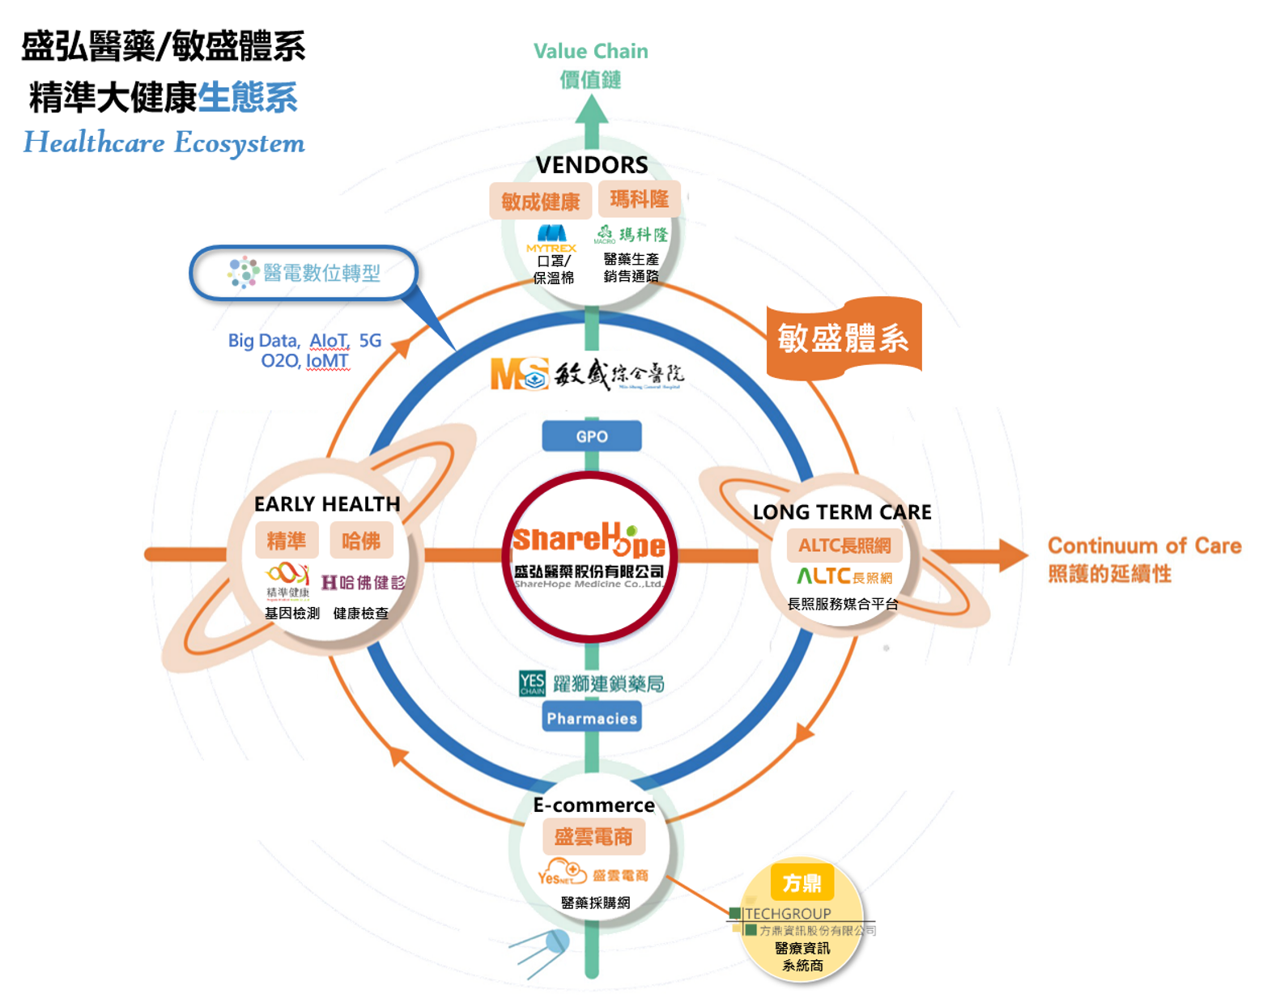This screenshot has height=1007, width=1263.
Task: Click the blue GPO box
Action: coord(591,436)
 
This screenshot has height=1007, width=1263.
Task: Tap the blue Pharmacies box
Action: coord(591,718)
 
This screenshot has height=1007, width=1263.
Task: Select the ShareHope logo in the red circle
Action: coord(589,541)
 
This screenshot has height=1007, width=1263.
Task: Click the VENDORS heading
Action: coord(591,165)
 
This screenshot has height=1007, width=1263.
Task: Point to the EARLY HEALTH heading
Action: coord(327,504)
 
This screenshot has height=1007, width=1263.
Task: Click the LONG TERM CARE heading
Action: coord(842,512)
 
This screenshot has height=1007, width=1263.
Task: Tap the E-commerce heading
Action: coord(593,805)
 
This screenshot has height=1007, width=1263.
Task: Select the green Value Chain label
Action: coord(591,52)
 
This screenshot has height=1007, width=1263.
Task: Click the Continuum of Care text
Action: coord(1144,546)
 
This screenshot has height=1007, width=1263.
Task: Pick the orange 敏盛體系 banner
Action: coord(844,338)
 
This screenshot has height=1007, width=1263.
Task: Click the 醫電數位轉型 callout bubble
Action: coord(304,273)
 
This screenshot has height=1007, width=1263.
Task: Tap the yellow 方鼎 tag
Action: coord(802,882)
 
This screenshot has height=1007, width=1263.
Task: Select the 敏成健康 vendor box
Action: coord(540,201)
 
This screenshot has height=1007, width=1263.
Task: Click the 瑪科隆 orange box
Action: coord(639,199)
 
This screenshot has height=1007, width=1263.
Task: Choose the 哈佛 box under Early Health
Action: coord(361,541)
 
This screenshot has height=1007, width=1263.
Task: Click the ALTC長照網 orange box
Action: coord(844,546)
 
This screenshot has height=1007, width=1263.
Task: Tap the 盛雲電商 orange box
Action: coord(593,837)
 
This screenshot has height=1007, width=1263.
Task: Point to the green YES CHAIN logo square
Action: coord(532,683)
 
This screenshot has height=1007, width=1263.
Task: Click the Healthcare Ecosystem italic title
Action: coord(164,143)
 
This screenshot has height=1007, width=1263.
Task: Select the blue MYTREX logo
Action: coord(551,235)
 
